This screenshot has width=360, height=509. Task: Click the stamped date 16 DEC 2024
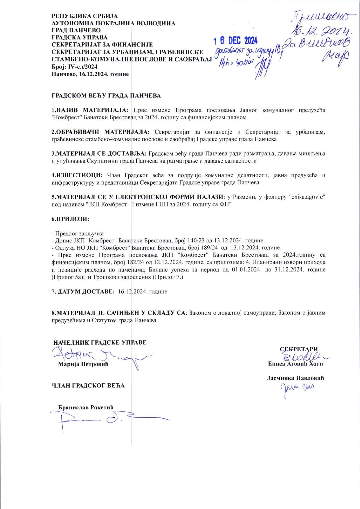click(x=235, y=40)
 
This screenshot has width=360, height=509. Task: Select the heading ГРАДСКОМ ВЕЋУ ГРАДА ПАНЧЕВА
click(x=106, y=96)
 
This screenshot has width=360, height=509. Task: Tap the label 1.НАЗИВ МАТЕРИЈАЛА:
click(x=90, y=110)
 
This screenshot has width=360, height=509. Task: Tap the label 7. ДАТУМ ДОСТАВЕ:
click(x=83, y=291)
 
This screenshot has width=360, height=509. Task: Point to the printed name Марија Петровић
click(x=83, y=364)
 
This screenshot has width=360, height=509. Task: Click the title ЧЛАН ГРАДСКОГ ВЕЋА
click(x=88, y=386)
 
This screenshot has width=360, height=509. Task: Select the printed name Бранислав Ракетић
click(x=86, y=407)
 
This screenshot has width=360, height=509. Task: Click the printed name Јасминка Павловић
click(x=296, y=378)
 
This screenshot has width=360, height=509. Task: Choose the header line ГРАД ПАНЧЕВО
click(x=76, y=30)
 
